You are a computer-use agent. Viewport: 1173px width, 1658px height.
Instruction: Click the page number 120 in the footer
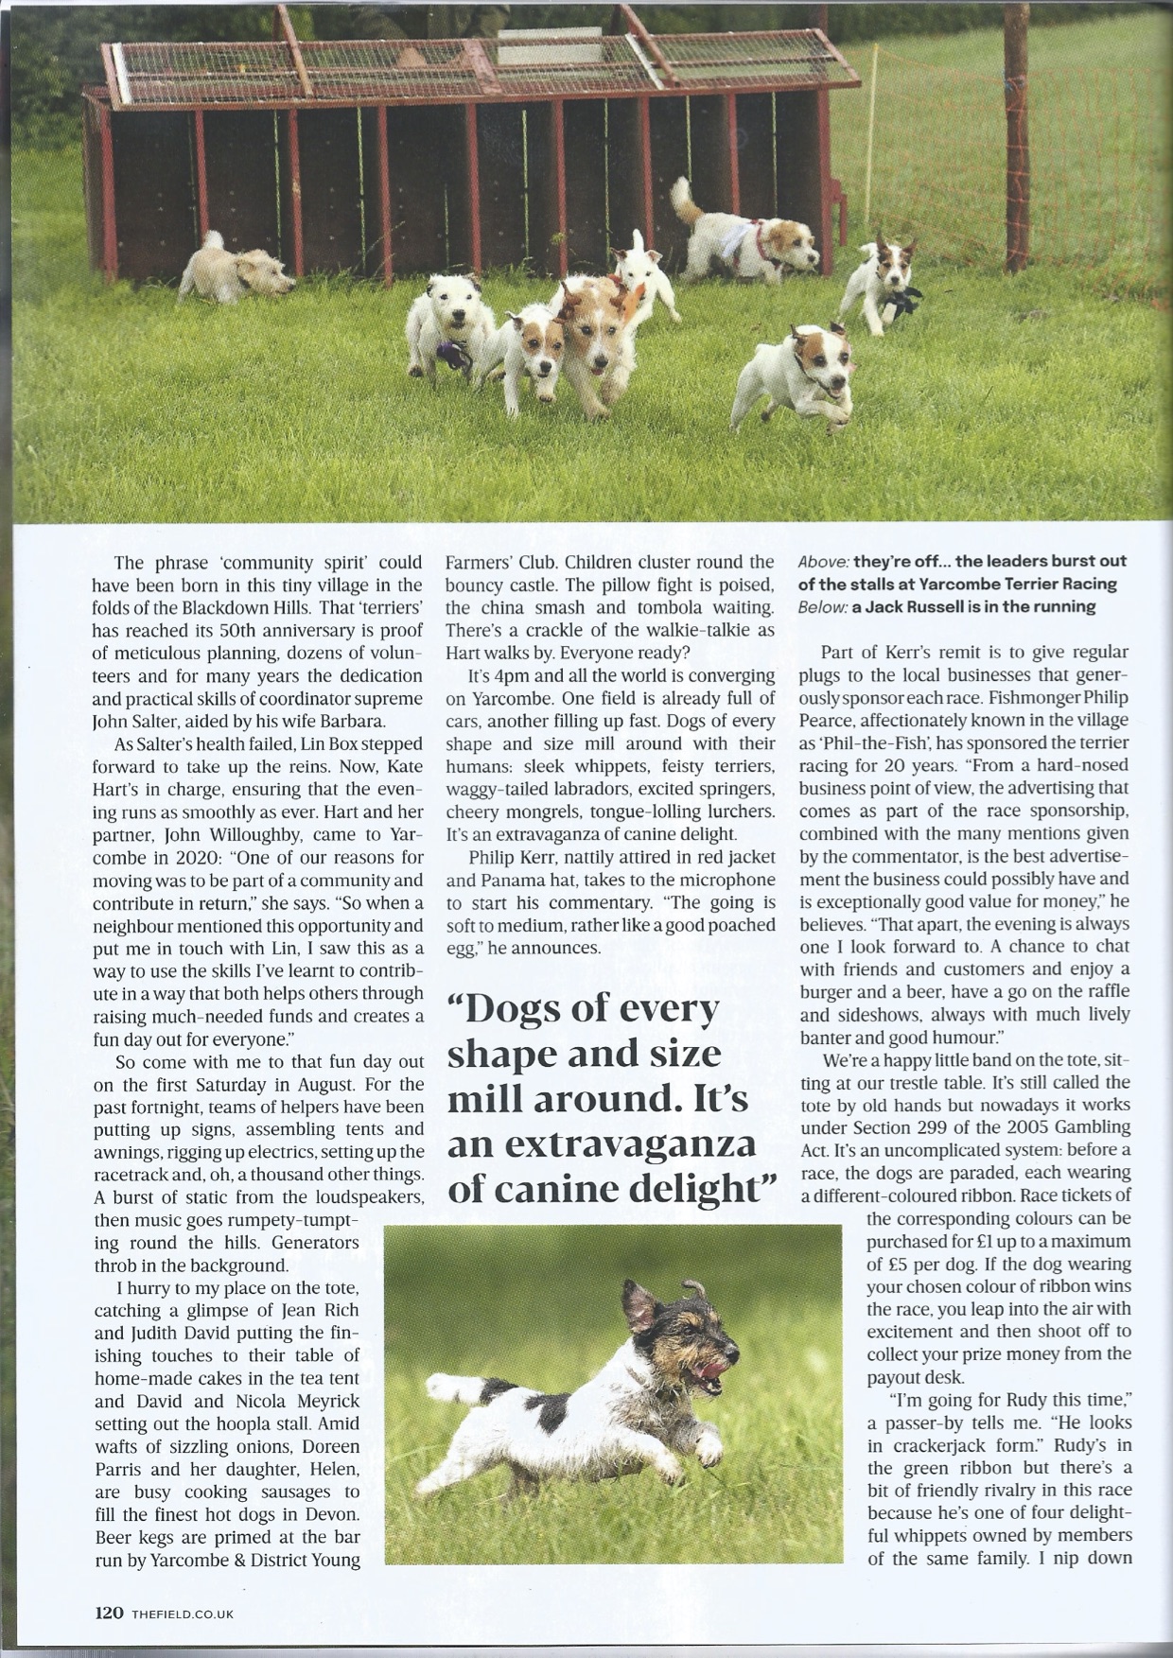(108, 1613)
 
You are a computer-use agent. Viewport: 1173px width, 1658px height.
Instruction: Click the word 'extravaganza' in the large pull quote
(602, 1143)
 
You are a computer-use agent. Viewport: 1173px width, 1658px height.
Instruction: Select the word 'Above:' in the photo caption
(822, 562)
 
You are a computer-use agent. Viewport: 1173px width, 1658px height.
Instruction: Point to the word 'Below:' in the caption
(822, 607)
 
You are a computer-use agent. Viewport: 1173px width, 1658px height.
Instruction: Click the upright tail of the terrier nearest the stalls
(681, 198)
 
